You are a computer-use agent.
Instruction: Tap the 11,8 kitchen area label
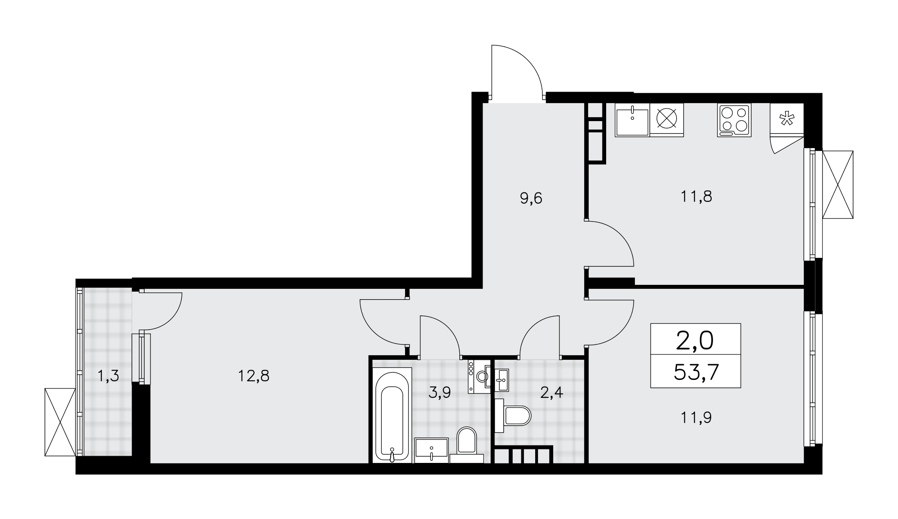[x=696, y=196]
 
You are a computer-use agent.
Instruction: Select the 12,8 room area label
[x=254, y=375]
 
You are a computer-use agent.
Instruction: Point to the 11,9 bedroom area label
[x=696, y=418]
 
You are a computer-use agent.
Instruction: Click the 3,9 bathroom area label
[x=439, y=393]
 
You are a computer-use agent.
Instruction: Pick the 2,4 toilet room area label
[x=551, y=393]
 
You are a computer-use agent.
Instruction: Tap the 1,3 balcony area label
[x=108, y=375]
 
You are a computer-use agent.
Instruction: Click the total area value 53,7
[x=696, y=372]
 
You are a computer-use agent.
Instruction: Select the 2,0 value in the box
[x=695, y=340]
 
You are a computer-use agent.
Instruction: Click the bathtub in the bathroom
[x=392, y=415]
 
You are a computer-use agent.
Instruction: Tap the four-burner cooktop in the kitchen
[x=734, y=120]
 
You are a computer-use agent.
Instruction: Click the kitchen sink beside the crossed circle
[x=632, y=120]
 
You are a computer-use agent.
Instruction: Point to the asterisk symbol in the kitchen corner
[x=786, y=119]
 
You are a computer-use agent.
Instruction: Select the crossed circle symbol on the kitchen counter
[x=666, y=119]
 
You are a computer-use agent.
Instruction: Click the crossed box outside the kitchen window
[x=838, y=185]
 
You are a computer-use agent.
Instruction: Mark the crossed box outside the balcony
[x=60, y=422]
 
